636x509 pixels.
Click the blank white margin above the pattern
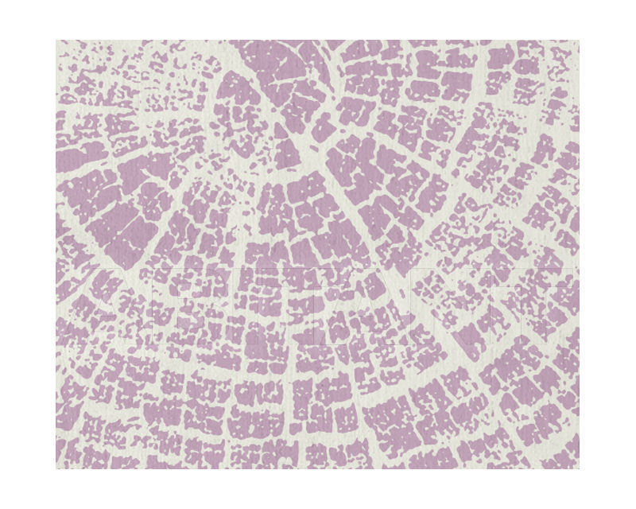(318, 20)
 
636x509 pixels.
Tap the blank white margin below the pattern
(318, 488)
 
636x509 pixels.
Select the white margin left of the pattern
(28, 254)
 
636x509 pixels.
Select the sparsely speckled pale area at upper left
(103, 80)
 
